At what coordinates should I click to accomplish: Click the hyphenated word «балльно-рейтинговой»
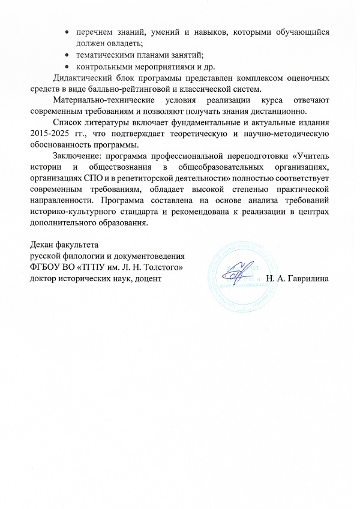click(115, 89)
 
